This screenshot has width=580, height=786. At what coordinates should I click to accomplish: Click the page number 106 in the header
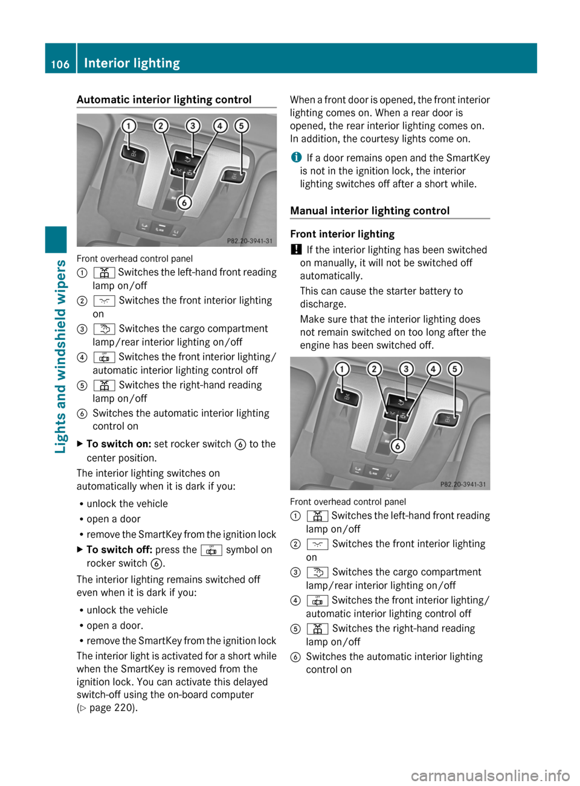point(60,64)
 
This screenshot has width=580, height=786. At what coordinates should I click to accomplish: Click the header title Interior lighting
point(132,63)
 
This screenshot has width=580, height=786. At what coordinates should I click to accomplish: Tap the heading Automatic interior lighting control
point(164,100)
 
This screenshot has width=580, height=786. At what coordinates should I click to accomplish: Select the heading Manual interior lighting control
point(370,211)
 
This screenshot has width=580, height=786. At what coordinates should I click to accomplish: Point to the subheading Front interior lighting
point(342,234)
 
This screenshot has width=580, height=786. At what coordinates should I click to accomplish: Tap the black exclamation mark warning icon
point(295,249)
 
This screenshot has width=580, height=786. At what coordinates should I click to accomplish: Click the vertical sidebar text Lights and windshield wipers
point(60,356)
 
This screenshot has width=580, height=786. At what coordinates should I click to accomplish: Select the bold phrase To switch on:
point(119,444)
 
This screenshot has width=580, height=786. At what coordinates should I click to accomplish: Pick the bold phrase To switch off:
point(119,550)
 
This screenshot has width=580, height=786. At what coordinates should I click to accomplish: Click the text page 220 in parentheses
point(111,708)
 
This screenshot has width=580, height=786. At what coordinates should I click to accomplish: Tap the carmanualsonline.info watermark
point(490,775)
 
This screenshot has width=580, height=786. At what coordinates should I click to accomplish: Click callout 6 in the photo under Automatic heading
point(184,203)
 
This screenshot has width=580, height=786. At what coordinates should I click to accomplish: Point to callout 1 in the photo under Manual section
point(342,369)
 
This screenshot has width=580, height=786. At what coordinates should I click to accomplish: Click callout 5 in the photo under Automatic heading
point(242,126)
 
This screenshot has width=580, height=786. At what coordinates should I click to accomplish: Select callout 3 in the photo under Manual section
point(406,369)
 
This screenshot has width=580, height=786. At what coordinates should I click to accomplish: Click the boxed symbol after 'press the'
point(211,550)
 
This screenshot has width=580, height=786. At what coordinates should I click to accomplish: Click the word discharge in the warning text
point(323,304)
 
